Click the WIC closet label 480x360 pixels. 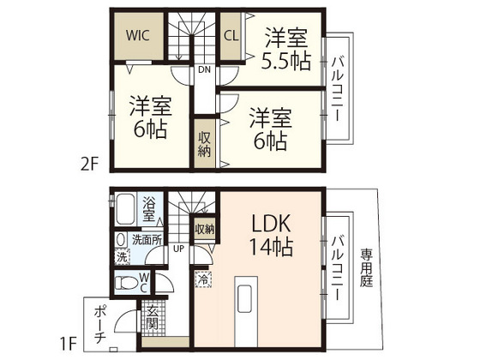click(138, 35)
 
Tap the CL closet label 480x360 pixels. click(231, 36)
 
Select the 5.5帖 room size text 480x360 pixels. click(286, 62)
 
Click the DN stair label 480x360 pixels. click(205, 69)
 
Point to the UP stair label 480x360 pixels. click(179, 249)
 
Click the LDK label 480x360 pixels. click(271, 223)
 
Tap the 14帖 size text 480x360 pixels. click(272, 247)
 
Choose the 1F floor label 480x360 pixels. click(68, 344)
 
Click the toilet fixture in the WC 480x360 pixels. click(125, 283)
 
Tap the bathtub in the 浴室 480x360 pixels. click(125, 209)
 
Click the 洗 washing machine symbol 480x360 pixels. click(122, 257)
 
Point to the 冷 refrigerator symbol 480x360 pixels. click(203, 279)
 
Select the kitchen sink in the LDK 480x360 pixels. click(244, 298)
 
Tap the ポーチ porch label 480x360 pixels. click(100, 325)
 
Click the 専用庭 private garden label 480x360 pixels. click(366, 267)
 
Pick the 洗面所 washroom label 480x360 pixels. click(147, 240)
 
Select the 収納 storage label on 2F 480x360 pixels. click(205, 145)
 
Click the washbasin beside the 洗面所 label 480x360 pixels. click(121, 239)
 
